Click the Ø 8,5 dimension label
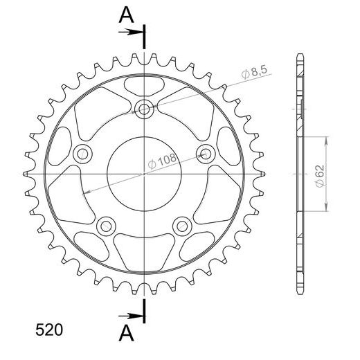[254, 72]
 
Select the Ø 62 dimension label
[320, 176]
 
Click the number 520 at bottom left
[49, 330]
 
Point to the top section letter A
[126, 15]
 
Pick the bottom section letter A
[126, 333]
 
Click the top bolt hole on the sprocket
[144, 109]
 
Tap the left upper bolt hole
[82, 154]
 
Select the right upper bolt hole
[206, 154]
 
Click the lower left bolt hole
[106, 226]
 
